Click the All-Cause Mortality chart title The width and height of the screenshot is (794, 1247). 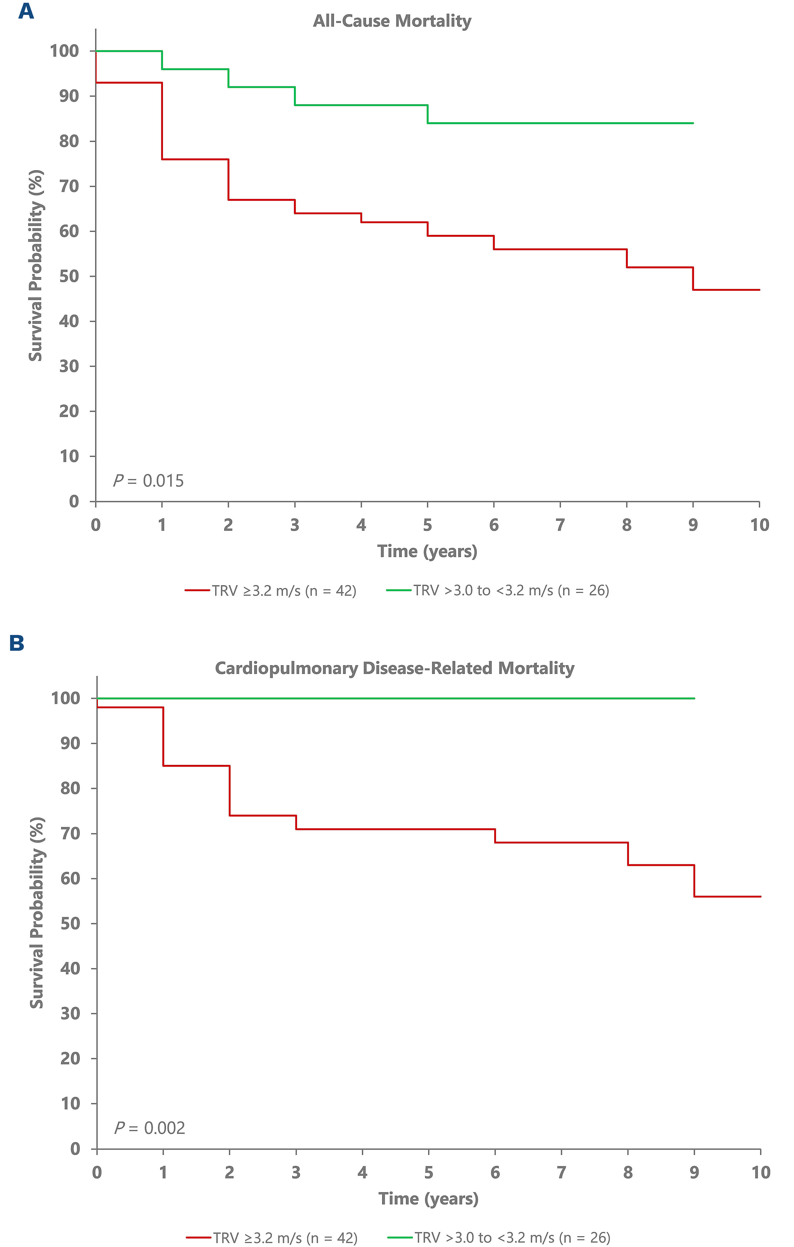392,21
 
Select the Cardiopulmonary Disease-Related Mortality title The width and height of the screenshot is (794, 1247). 395,669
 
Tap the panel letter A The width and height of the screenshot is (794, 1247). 26,11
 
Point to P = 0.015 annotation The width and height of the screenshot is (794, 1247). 149,481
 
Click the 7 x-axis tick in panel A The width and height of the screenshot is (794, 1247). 560,525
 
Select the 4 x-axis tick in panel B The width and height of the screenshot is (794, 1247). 362,1173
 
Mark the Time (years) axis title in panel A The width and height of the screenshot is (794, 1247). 427,551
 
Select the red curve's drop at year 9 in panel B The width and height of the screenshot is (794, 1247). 694,880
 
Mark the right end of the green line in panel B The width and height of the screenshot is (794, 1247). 694,699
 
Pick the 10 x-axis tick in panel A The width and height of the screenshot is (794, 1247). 759,525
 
